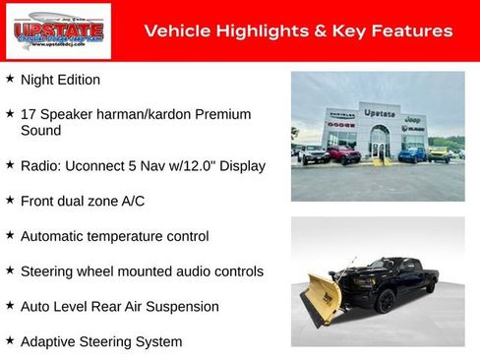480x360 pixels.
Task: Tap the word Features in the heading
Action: pos(411,31)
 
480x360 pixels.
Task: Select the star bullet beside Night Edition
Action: pos(10,78)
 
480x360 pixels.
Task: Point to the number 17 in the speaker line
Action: pos(29,114)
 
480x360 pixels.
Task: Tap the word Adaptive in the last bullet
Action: pos(47,341)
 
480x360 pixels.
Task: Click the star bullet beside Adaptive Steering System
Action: pos(10,340)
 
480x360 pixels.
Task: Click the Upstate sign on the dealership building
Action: pos(380,113)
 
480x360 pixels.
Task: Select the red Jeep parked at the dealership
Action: pos(343,154)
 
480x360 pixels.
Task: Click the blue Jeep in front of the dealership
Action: pos(412,154)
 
